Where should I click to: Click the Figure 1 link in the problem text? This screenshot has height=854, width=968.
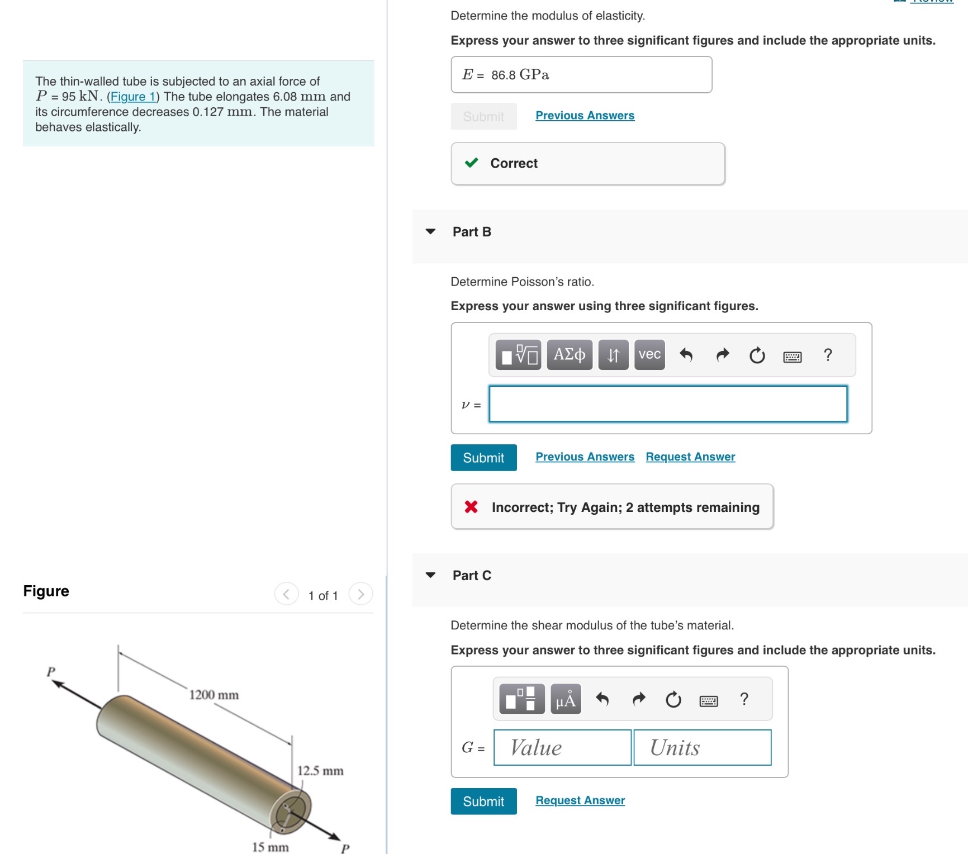pyautogui.click(x=133, y=97)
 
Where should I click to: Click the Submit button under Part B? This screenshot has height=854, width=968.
pyautogui.click(x=483, y=458)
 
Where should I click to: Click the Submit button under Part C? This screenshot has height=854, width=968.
pyautogui.click(x=483, y=801)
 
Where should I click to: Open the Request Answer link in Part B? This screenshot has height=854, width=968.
pyautogui.click(x=690, y=457)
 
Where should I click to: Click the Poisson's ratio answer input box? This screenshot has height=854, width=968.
pyautogui.click(x=668, y=404)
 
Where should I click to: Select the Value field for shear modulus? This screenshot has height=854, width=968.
pyautogui.click(x=562, y=747)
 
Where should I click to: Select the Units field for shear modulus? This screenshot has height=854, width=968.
pyautogui.click(x=703, y=747)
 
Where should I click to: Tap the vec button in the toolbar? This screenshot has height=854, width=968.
pyautogui.click(x=649, y=355)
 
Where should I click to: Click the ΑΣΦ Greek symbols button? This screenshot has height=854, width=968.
pyautogui.click(x=569, y=355)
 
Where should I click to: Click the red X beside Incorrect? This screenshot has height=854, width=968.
pyautogui.click(x=471, y=507)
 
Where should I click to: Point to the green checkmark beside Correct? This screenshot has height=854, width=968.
pyautogui.click(x=471, y=163)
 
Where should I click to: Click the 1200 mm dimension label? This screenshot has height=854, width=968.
pyautogui.click(x=213, y=695)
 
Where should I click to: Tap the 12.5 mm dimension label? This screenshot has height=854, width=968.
pyautogui.click(x=320, y=771)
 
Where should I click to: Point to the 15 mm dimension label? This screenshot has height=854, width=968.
pyautogui.click(x=270, y=847)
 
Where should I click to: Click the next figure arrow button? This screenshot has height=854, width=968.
pyautogui.click(x=360, y=594)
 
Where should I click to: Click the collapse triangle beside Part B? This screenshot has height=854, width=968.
pyautogui.click(x=430, y=231)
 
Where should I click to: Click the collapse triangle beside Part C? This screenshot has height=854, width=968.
pyautogui.click(x=430, y=575)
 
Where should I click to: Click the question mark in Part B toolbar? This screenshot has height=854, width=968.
pyautogui.click(x=828, y=355)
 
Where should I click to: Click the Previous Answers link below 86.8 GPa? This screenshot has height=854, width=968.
pyautogui.click(x=585, y=116)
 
